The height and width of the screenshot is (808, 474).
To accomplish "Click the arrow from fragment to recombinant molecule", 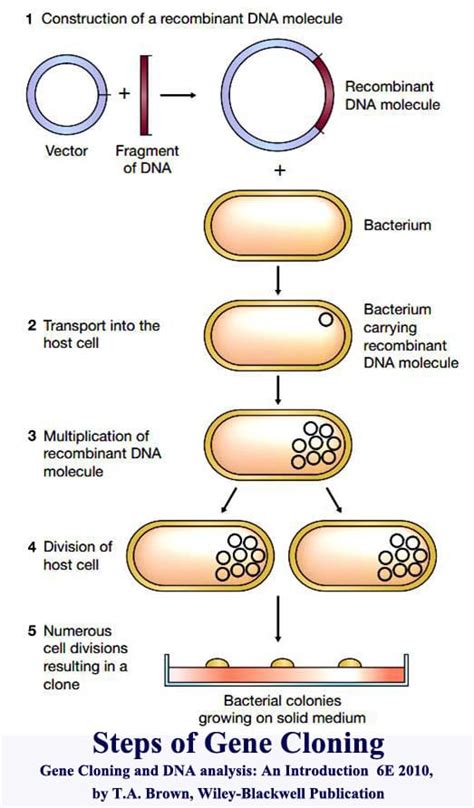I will [x=179, y=95].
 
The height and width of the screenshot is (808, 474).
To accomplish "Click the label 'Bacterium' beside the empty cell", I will [x=397, y=225].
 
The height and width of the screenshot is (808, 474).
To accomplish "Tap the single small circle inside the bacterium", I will [x=326, y=320].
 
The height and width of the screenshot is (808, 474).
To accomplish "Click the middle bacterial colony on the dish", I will [x=283, y=663].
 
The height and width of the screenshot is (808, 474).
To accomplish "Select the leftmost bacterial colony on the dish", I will [x=218, y=663].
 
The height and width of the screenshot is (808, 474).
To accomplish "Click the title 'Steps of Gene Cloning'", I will [x=238, y=744].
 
